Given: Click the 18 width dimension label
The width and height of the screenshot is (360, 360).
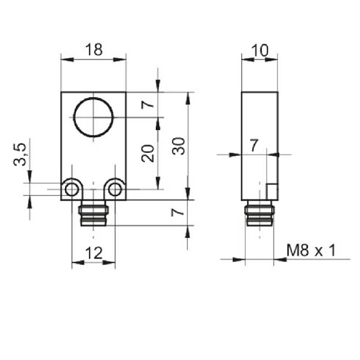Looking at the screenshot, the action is click(x=94, y=49).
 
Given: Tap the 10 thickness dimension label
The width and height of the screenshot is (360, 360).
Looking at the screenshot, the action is click(x=260, y=50).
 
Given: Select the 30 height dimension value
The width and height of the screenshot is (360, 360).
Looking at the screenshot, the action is click(x=178, y=147).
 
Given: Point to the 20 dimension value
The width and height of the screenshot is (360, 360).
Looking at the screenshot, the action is click(x=148, y=153).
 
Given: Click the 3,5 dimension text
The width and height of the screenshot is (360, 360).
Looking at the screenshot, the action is click(x=20, y=154).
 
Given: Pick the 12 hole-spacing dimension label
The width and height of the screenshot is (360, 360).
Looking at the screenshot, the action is click(x=94, y=253).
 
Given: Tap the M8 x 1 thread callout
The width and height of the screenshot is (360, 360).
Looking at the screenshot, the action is click(x=311, y=250).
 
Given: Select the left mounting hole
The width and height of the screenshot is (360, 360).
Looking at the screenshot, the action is click(x=71, y=190).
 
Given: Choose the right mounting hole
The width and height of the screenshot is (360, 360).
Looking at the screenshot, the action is click(x=115, y=190).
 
